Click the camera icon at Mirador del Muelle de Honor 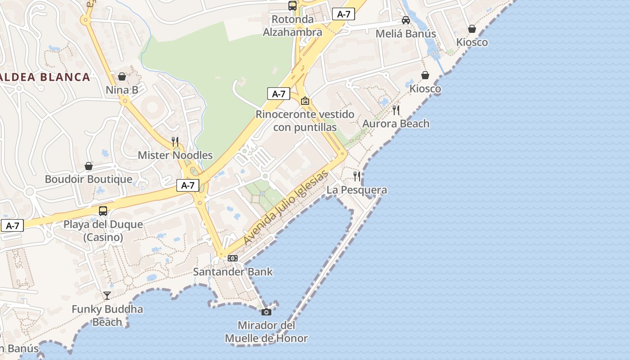266,312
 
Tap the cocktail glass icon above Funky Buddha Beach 107,296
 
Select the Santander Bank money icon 233,258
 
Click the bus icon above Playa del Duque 103,211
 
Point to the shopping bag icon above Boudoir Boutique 89,166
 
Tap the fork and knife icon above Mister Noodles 175,142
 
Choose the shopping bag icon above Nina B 122,76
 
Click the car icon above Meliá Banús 406,20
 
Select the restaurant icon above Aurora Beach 396,110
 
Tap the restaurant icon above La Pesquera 357,176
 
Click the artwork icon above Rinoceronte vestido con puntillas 305,101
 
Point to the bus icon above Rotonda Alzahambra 292,6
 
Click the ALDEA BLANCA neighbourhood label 45,77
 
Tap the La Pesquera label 357,190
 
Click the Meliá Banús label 405,34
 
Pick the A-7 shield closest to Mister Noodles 188,185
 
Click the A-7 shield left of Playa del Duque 12,226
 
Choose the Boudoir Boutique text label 89,179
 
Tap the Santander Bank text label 233,272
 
